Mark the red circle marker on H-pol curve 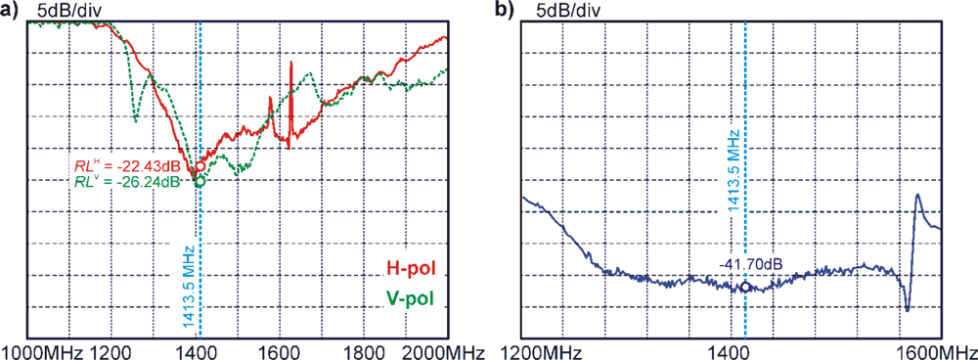[x=200, y=166]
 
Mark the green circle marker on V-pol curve [x=200, y=181]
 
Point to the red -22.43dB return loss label [x=126, y=165]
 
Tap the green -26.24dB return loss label [x=126, y=181]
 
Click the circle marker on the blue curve [x=745, y=288]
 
